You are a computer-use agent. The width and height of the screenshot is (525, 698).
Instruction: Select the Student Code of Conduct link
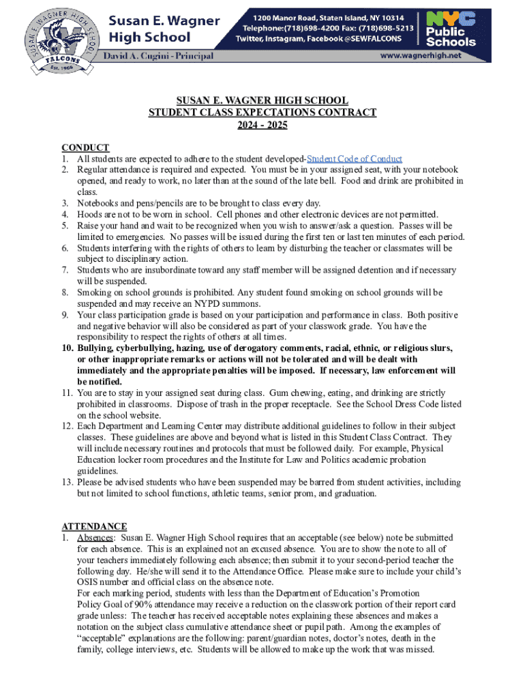point(357,158)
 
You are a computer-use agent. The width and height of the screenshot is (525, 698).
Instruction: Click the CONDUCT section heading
point(85,147)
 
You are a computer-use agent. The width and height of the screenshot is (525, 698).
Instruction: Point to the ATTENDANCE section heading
point(94,526)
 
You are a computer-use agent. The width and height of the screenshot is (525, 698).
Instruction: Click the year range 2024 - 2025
point(262,125)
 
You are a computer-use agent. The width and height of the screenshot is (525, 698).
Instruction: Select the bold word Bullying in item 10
point(96,348)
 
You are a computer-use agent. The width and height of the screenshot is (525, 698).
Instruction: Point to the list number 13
point(67,482)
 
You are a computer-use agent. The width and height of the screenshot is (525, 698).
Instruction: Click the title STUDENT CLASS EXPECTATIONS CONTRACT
point(262,112)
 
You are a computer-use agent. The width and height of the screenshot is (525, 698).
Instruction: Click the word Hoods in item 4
point(90,214)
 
